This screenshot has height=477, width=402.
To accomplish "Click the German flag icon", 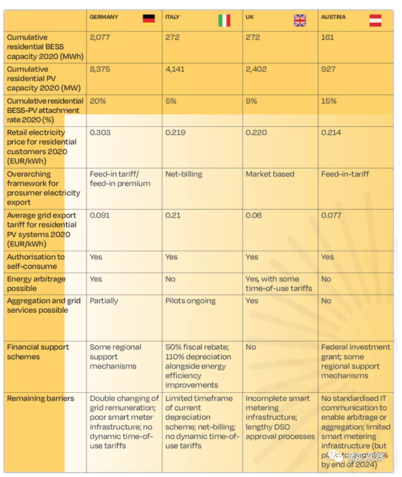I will point(149,19).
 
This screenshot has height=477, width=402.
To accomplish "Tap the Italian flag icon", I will point(224,20).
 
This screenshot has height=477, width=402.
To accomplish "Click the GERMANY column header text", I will point(104,17).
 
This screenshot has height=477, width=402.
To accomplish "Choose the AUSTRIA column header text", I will point(333,17).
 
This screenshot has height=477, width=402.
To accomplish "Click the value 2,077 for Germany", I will point(100,37).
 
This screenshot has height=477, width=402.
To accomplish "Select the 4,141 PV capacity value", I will point(175,69).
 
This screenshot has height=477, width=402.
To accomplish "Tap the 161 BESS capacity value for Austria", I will point(329,37).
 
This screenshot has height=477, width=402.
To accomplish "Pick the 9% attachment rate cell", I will point(252,101).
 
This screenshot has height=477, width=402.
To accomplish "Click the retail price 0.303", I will point(100,132).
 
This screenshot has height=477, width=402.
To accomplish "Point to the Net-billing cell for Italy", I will point(184,174).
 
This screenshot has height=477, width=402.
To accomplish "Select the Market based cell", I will point(270,174).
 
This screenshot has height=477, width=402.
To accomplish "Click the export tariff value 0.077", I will point(332,215).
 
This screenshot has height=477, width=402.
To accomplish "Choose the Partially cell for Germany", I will point(104,301).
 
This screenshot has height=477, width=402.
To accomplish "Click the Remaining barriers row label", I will point(40,398).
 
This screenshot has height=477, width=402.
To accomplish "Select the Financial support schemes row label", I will point(38,352).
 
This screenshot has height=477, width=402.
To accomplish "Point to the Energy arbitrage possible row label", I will point(36,284).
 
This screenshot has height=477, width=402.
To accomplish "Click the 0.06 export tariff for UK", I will point(253,215).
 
